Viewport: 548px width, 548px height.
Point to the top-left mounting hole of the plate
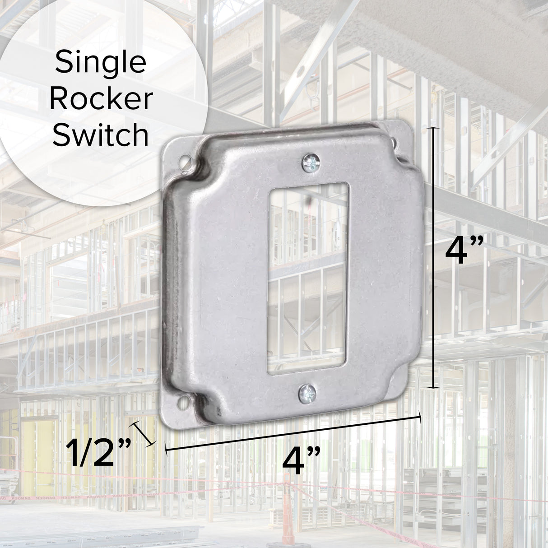(x=184, y=159)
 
